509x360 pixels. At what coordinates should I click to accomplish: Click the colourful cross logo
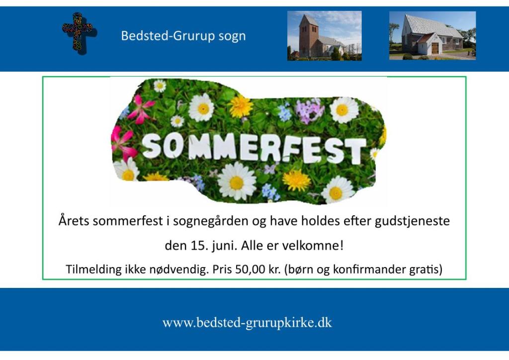79,33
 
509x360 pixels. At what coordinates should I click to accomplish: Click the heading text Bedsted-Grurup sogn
183,36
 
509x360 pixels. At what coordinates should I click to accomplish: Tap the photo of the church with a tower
324,36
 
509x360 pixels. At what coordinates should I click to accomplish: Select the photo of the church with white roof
432,36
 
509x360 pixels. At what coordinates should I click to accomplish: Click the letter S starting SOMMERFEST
151,146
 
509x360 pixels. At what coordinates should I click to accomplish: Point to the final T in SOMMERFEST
356,151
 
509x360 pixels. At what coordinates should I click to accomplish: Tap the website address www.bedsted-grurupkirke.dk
247,323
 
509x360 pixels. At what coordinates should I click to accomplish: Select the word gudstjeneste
412,221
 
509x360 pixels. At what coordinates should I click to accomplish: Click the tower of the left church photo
308,34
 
